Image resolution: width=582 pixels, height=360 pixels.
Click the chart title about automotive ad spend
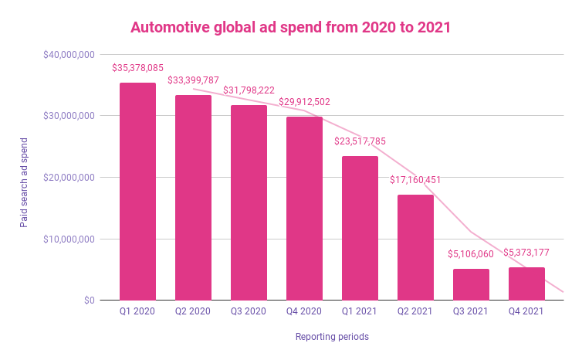click(290, 27)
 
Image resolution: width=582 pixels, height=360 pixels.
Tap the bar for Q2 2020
click(193, 198)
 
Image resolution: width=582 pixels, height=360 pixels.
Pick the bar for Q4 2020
click(304, 209)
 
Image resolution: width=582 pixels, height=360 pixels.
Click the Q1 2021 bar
click(360, 228)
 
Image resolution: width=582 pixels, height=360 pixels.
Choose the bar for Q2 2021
click(415, 247)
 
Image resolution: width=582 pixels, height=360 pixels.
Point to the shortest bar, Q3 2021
click(471, 284)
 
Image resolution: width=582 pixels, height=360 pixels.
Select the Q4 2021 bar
click(526, 284)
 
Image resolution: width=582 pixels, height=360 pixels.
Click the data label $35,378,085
click(137, 68)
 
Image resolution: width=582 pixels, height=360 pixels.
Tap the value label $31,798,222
click(249, 90)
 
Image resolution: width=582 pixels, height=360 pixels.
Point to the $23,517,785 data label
click(360, 141)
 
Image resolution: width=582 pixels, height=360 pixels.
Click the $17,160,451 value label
click(415, 180)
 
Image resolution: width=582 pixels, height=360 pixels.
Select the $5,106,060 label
click(471, 254)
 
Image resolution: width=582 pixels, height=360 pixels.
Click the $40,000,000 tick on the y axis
click(69, 55)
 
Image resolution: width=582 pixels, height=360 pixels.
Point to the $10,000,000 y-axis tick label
click(69, 239)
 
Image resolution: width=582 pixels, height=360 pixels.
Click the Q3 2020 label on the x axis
click(249, 312)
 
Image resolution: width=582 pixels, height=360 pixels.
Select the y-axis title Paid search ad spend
click(24, 177)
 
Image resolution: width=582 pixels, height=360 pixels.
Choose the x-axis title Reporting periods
click(332, 337)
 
